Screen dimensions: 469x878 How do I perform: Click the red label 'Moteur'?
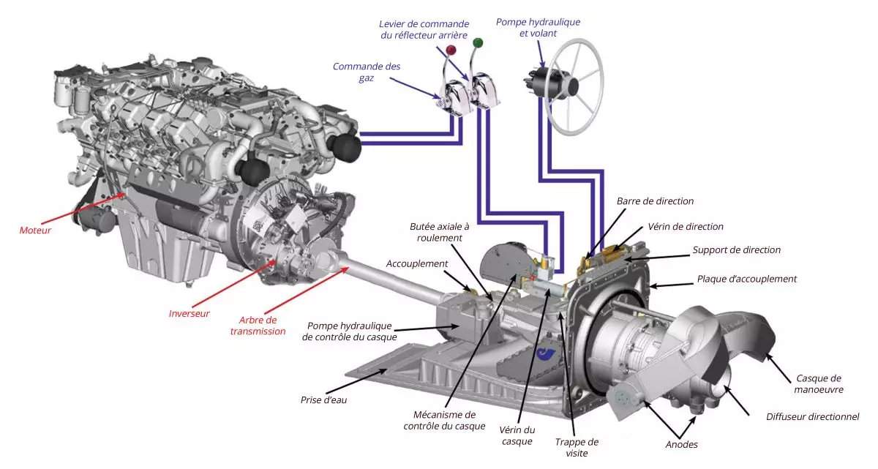pos(35,230)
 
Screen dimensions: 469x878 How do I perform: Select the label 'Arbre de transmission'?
pos(258,326)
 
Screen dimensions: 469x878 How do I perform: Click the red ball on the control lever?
pos(451,50)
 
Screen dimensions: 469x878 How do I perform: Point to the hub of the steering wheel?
pos(570,86)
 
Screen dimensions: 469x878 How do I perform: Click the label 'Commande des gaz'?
pos(367,72)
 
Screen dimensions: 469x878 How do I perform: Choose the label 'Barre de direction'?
pos(655,201)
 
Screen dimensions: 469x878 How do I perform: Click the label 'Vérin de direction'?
pos(685,227)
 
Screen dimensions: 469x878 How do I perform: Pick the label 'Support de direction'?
pos(736,250)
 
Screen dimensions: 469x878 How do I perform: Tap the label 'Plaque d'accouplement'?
pos(746,279)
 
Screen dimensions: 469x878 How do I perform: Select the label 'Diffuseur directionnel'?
pos(812,416)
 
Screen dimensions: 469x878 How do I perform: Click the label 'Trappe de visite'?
pos(577,448)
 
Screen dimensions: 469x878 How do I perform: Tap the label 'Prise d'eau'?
pos(323,400)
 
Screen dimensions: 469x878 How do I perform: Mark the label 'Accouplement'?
pos(416,263)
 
